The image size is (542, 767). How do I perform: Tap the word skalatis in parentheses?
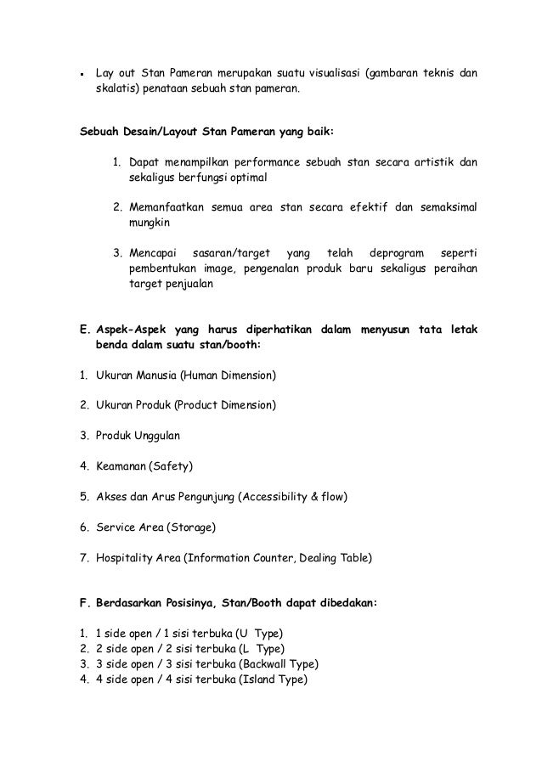116,89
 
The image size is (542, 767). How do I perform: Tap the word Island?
259,680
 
